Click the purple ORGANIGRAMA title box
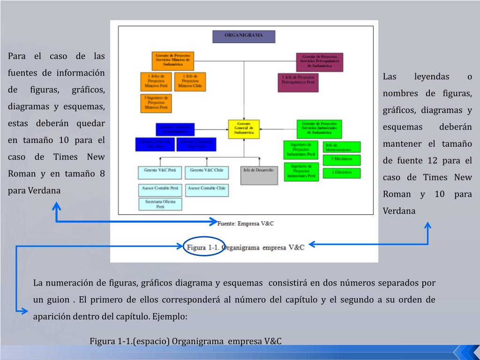(244, 36)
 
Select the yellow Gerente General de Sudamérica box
(244, 129)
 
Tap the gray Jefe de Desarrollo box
(259, 175)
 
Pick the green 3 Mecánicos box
(342, 159)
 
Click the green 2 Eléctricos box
(342, 173)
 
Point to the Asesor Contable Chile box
(207, 190)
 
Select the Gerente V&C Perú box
(160, 172)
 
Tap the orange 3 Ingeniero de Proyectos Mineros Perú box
(156, 104)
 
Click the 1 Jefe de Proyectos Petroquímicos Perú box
(298, 82)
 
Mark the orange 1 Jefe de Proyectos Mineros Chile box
(190, 82)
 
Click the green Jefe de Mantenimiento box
(342, 147)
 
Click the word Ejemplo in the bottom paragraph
(169, 316)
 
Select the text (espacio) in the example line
(151, 341)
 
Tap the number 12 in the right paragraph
(432, 161)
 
